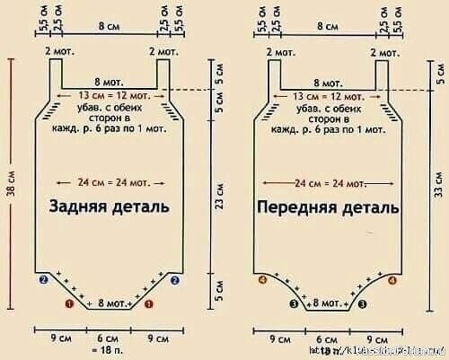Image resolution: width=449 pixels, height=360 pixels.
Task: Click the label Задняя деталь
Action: pos(111,206)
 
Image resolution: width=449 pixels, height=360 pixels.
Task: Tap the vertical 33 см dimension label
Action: pos(439,180)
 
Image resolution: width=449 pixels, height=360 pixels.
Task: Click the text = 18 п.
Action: pos(110,351)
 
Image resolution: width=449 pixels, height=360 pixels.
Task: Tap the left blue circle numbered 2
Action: pos(43,281)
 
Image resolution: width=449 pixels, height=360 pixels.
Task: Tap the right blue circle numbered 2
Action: pos(176,281)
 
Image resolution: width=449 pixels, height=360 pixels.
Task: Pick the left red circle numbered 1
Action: pos(69,305)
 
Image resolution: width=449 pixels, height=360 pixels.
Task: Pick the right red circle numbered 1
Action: pos(149,305)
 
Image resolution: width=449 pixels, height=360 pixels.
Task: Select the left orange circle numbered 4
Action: pos(262,281)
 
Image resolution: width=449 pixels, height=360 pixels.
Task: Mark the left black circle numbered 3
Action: pos(293,305)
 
